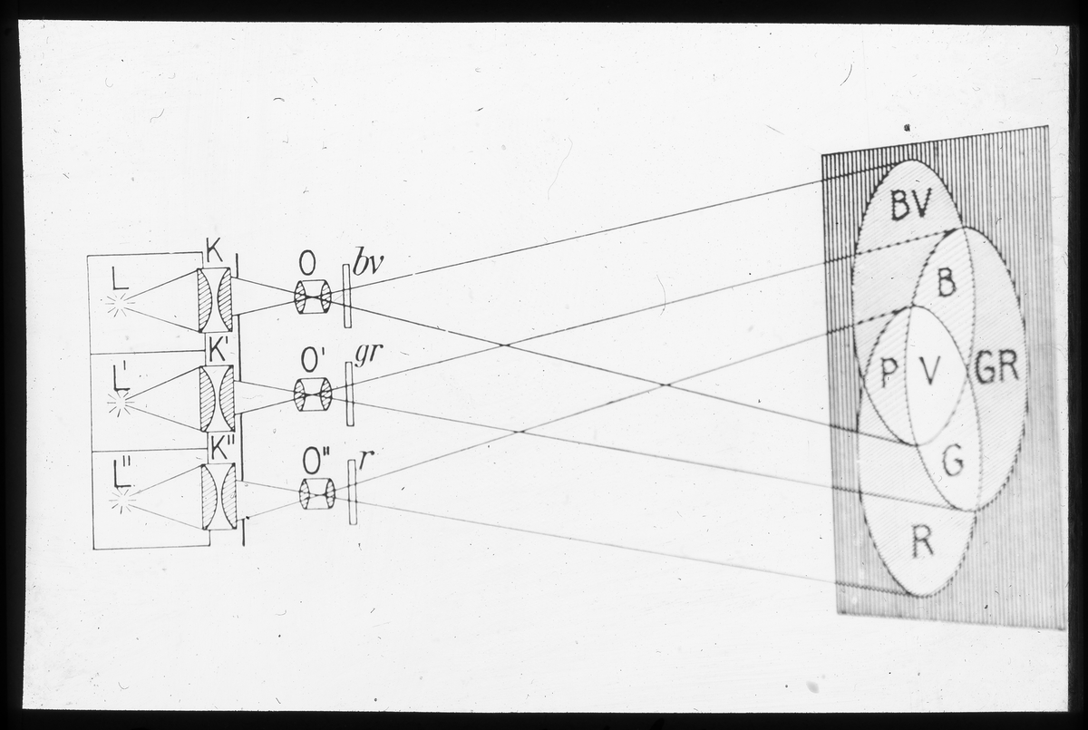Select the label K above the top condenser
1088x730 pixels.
click(214, 251)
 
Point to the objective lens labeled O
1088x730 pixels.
click(313, 297)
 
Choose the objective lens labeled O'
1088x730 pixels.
click(314, 394)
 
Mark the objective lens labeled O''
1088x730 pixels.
click(317, 494)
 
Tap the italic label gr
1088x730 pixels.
click(365, 354)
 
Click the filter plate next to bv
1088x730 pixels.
click(346, 296)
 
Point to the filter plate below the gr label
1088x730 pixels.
click(350, 394)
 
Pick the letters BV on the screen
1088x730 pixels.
click(910, 204)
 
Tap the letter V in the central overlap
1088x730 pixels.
click(929, 372)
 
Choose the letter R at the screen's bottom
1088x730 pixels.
click(922, 540)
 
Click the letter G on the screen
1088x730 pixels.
click(952, 461)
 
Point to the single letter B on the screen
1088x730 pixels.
click(947, 282)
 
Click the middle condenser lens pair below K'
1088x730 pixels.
click(217, 398)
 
